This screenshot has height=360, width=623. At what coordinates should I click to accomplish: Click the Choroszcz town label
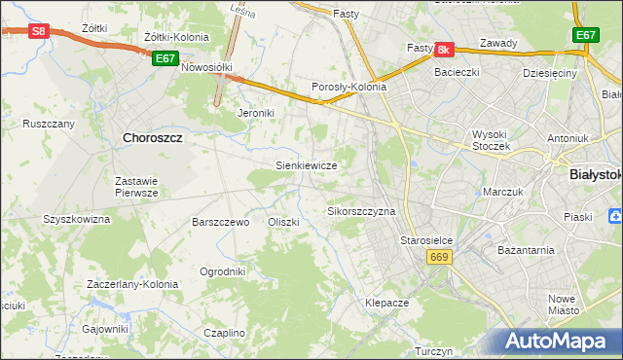tap(153, 138)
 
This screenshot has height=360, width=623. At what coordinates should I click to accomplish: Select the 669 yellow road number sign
tap(438, 255)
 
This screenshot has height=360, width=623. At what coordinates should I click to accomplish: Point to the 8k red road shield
tap(444, 49)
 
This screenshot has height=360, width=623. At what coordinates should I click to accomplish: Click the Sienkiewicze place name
tap(307, 165)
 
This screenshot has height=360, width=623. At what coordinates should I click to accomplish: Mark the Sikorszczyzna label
tap(361, 210)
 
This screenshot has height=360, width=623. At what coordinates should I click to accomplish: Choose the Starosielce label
tap(429, 239)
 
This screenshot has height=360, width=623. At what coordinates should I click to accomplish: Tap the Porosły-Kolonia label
tap(349, 87)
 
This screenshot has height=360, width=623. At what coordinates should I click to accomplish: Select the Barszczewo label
tap(222, 222)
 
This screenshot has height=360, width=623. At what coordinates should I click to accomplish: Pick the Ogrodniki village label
tap(222, 271)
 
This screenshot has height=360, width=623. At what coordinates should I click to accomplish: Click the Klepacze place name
tap(386, 303)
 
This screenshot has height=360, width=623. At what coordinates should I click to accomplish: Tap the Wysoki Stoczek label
tap(498, 140)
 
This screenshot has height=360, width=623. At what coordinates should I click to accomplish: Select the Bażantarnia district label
tap(524, 249)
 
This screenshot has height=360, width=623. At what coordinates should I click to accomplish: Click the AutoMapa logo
tap(555, 341)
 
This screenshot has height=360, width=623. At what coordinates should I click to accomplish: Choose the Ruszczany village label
tap(49, 124)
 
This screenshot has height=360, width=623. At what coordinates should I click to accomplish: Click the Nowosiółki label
tap(210, 67)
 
